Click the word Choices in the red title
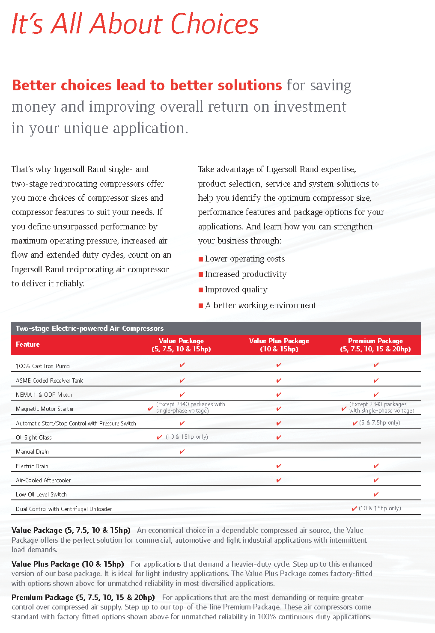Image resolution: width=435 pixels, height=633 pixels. point(215,24)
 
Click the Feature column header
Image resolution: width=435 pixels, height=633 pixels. point(28,345)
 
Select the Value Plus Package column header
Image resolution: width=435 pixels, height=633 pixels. point(279,345)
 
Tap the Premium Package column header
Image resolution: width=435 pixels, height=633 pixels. point(375,345)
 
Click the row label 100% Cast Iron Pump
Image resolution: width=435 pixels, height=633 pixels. point(42,366)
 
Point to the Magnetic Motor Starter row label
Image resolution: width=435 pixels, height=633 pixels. point(45,409)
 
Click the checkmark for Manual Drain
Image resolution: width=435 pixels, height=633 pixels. point(182,451)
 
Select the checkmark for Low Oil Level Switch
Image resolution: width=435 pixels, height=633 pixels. point(376,494)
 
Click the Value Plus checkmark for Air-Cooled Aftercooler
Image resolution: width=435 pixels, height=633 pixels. point(279,480)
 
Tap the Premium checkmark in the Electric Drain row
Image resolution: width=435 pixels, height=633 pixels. point(376,466)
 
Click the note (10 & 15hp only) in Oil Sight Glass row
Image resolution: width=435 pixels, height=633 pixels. point(187,437)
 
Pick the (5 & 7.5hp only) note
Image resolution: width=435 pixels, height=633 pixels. point(380,423)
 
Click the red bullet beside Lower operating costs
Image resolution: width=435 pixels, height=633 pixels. point(200,259)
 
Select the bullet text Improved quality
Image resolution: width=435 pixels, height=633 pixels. point(236,290)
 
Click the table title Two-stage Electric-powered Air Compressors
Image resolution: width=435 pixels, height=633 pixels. point(89,329)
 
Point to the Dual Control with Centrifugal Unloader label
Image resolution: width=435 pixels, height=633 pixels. point(64,509)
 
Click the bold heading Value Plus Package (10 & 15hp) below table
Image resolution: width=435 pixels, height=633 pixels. point(68,564)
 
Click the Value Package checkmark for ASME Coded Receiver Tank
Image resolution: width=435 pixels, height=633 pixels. point(182,380)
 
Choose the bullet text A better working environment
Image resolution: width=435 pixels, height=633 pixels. point(260,306)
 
